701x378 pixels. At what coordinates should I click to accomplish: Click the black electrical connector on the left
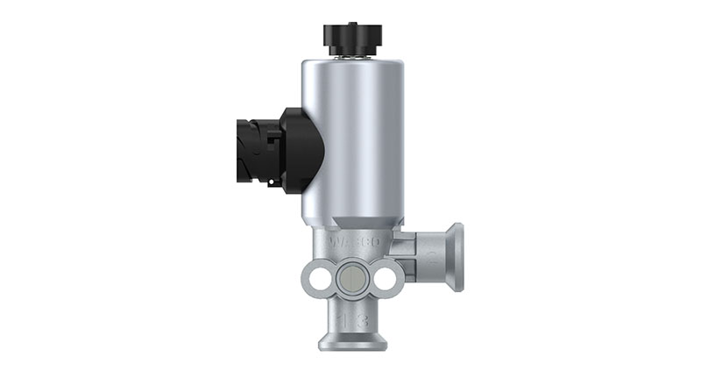pyautogui.click(x=272, y=149)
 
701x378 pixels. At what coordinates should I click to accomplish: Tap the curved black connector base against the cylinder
pyautogui.click(x=302, y=149)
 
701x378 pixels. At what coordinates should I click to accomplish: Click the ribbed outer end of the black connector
pyautogui.click(x=245, y=149)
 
